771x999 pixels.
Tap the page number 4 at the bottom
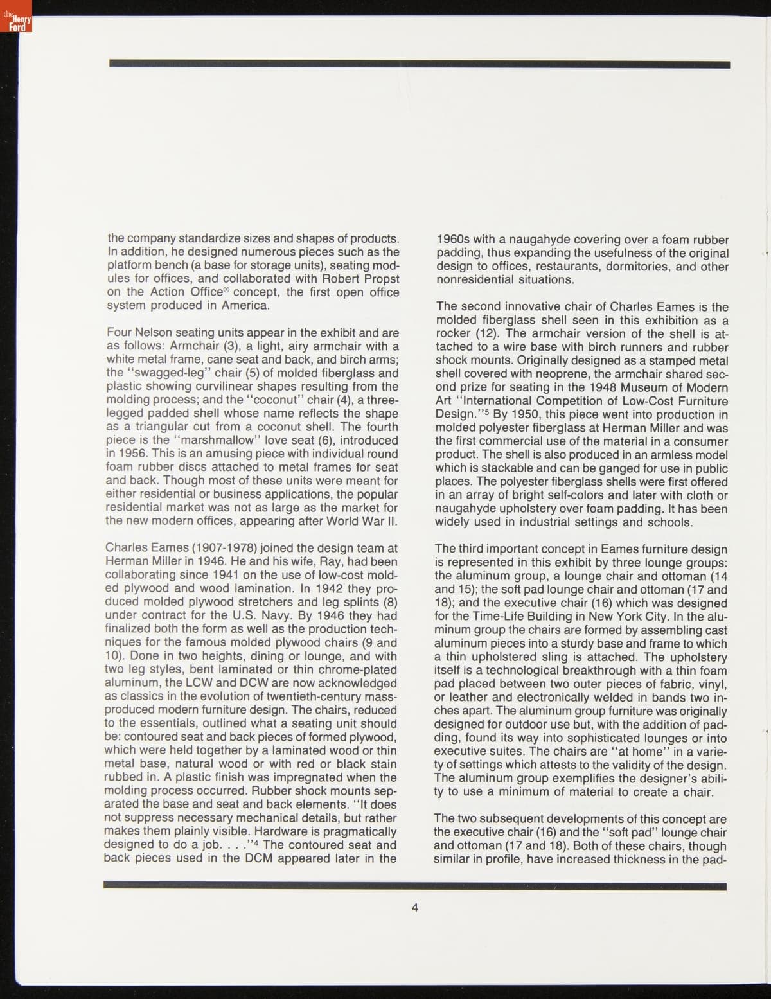click(415, 908)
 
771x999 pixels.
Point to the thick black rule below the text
click(415, 887)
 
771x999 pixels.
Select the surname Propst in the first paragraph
click(379, 279)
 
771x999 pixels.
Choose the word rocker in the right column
click(453, 333)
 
